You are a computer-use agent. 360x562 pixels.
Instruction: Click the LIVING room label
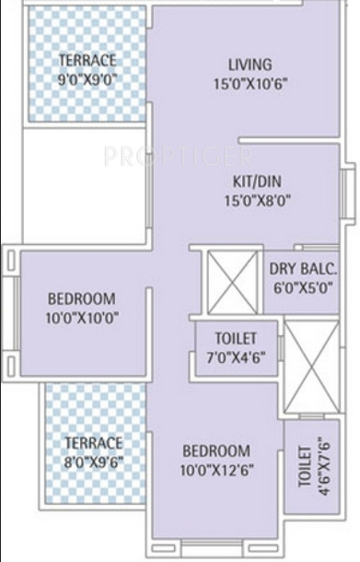[x=250, y=65]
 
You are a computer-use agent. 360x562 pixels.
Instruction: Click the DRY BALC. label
[x=303, y=270]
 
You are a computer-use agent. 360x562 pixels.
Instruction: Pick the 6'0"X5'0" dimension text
[x=303, y=287]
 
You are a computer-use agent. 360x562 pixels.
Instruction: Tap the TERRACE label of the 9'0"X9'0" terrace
[x=87, y=61]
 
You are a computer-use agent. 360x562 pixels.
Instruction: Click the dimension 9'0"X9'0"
[x=87, y=78]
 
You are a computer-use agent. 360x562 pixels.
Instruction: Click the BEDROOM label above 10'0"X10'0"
[x=82, y=299]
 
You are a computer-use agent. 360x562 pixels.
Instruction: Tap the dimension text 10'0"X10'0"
[x=82, y=317]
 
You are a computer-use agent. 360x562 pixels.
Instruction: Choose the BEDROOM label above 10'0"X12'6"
[x=215, y=451]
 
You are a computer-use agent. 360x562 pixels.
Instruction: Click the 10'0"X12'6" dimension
[x=215, y=468]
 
